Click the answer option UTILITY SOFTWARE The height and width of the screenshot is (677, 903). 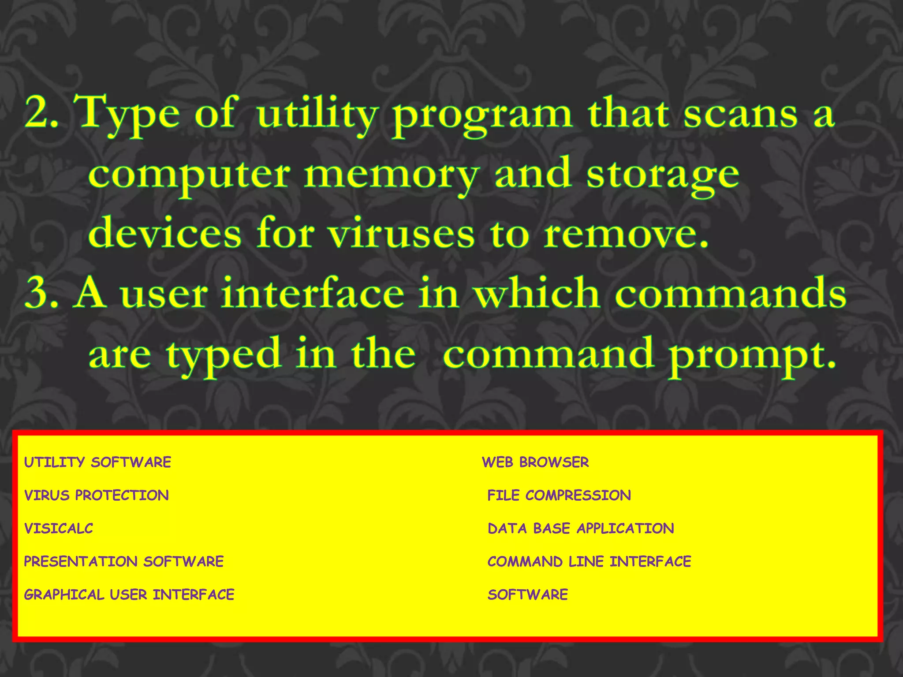coord(97,462)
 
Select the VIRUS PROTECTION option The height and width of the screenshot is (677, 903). coord(97,495)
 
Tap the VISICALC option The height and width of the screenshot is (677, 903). coord(59,528)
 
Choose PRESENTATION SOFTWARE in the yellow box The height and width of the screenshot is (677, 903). coord(124,561)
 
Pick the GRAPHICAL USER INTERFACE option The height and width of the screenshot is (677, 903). coord(129,595)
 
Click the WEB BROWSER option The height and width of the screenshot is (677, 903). coord(535,462)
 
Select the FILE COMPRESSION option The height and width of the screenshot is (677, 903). coord(559,495)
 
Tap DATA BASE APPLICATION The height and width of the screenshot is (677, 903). coord(581,528)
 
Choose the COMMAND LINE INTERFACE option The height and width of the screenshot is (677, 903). coord(590,561)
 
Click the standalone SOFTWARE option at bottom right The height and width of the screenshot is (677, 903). coord(528,595)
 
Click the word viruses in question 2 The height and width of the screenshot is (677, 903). coord(402,234)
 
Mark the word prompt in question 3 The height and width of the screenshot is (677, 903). coord(751,355)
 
